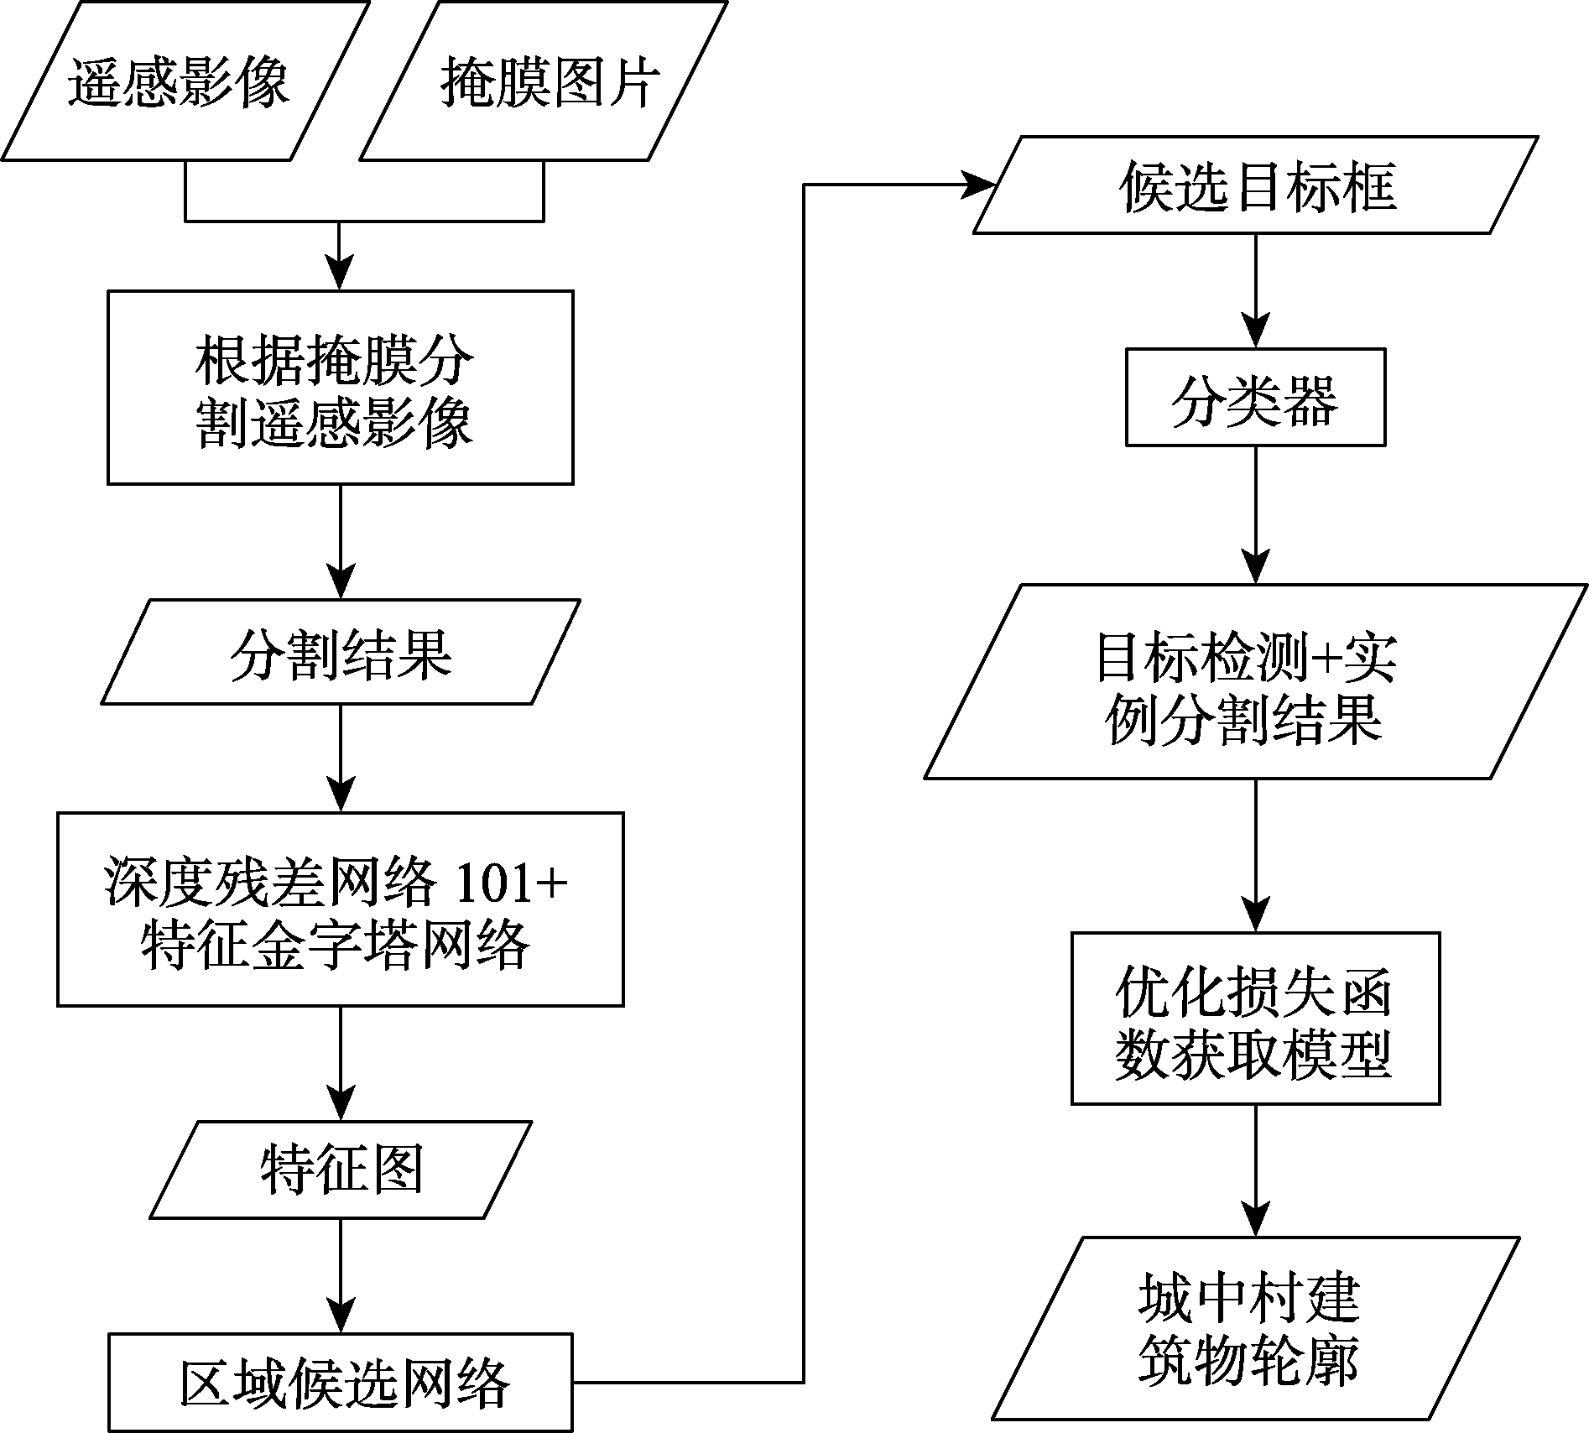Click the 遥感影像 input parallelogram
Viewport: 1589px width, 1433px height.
tap(185, 81)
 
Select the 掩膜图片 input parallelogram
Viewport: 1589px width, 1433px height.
tap(544, 81)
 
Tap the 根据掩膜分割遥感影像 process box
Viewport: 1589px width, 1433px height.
tap(341, 388)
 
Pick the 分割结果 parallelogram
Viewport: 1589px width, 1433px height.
tap(341, 652)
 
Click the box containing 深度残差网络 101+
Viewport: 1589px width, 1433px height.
tap(341, 909)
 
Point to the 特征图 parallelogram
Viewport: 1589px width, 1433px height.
tap(341, 1170)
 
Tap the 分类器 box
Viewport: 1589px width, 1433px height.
tap(1255, 397)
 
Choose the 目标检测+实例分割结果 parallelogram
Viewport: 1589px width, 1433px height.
tap(1256, 681)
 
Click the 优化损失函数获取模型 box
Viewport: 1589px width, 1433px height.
tap(1256, 1018)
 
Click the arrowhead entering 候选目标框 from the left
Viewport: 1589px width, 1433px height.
tap(977, 185)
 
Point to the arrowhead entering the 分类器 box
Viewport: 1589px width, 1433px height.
tap(1256, 332)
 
